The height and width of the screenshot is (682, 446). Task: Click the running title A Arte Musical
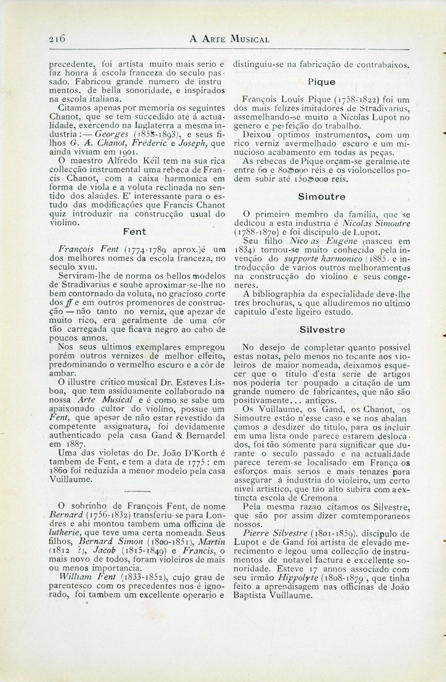pos(229,39)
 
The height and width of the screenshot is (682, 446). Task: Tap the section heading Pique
pos(321,81)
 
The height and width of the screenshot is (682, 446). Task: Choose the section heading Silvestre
pos(322,329)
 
